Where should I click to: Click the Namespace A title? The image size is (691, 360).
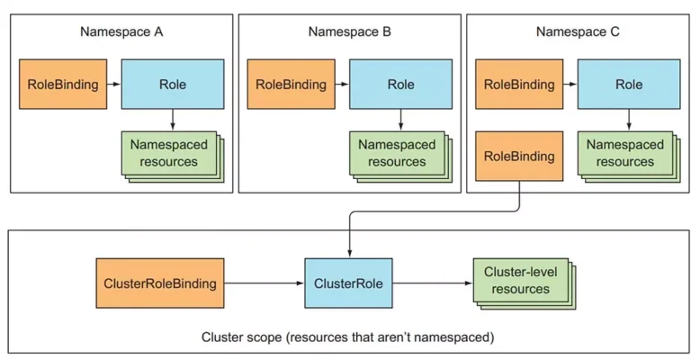(x=121, y=31)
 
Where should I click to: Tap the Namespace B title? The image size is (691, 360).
(x=349, y=31)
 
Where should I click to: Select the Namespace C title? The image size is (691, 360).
(x=578, y=31)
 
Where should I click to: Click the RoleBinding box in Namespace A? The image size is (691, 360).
(x=63, y=85)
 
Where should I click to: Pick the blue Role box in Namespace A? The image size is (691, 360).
(x=173, y=85)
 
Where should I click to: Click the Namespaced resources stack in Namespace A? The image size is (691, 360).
(x=173, y=157)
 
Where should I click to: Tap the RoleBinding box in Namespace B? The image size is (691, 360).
(x=292, y=85)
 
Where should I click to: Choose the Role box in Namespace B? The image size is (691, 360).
(x=401, y=85)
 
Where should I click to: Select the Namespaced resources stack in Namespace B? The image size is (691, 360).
(x=401, y=157)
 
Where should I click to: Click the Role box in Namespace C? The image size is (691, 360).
(x=629, y=85)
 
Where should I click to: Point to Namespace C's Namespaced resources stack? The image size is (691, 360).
(x=629, y=157)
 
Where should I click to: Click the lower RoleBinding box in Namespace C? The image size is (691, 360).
(x=519, y=156)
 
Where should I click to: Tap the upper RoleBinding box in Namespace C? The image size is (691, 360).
(x=519, y=85)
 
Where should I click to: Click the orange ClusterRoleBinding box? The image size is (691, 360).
(x=160, y=283)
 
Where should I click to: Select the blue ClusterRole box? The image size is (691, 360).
(x=348, y=283)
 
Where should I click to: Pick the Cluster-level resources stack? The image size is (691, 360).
(x=525, y=284)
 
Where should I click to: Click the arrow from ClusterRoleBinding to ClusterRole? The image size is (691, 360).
(x=265, y=283)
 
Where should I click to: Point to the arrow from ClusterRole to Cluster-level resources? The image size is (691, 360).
(x=433, y=283)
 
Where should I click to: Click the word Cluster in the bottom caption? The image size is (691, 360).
(x=220, y=337)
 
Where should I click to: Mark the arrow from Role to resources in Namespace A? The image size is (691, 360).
(x=173, y=120)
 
